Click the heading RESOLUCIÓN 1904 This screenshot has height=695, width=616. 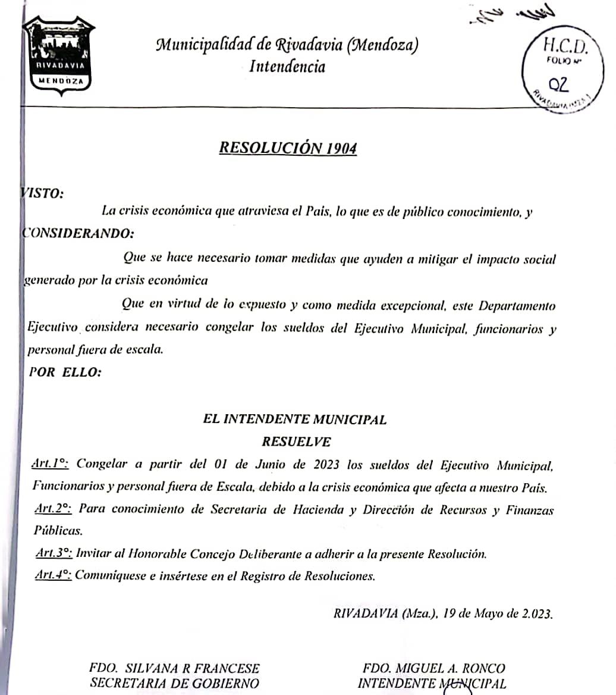(x=288, y=148)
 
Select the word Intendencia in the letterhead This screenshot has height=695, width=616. (x=287, y=66)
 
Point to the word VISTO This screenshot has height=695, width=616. (x=42, y=193)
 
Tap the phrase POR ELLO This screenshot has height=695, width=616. (x=65, y=372)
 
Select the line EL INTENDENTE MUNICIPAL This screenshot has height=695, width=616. (x=295, y=419)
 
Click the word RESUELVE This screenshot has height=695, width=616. (x=296, y=442)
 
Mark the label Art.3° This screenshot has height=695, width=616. (x=54, y=553)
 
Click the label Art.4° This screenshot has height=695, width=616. (x=54, y=575)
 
